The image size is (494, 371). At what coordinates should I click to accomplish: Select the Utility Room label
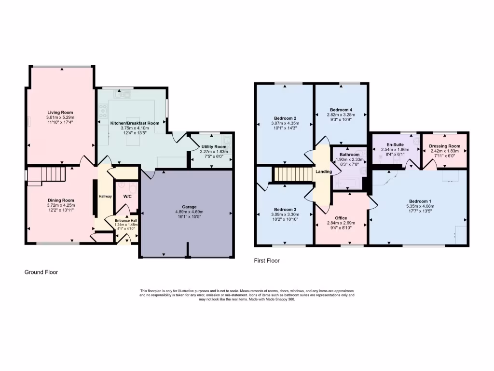(213, 146)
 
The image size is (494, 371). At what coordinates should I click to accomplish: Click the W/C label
(127, 197)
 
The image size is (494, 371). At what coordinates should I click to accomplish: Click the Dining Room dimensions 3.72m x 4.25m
(60, 205)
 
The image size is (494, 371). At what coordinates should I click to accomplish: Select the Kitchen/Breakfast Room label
(134, 123)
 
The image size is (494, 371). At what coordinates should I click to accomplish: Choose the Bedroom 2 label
(285, 118)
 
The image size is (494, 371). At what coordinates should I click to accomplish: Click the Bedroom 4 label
(340, 110)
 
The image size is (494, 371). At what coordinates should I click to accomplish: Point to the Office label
(341, 218)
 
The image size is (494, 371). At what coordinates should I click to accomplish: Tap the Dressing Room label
(444, 146)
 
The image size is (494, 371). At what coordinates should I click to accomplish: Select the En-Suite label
(395, 144)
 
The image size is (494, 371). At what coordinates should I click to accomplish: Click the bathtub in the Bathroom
(347, 183)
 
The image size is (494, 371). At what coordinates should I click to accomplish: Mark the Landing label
(324, 171)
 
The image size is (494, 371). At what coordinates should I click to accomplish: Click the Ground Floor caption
(41, 272)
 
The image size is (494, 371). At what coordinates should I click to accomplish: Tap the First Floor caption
(267, 261)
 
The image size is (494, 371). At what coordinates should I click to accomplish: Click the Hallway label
(105, 197)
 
